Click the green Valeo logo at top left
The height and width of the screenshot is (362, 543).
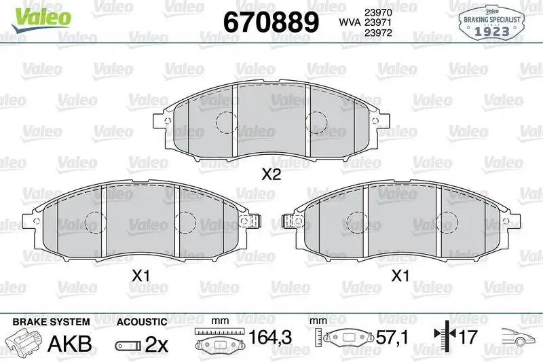click(41, 20)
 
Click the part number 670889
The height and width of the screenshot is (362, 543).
click(271, 22)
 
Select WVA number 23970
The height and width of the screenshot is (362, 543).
click(378, 12)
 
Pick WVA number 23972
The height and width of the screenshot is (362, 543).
click(378, 33)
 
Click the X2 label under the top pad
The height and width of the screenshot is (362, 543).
click(271, 175)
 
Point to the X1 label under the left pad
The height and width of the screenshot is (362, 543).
click(141, 276)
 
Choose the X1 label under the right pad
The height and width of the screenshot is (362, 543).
click(400, 276)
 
